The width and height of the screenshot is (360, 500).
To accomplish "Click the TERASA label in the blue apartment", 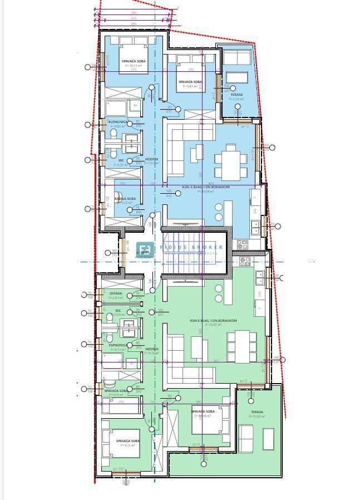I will pos(236,95).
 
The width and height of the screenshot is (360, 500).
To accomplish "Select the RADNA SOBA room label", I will pos(125,199).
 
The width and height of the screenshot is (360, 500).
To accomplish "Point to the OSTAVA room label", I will pos(116,293).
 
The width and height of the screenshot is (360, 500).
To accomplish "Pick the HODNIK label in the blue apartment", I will pos(152,159).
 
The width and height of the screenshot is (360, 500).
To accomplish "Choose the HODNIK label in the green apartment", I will pos(152,349).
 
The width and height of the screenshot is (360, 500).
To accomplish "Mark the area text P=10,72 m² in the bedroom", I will pos(134,65).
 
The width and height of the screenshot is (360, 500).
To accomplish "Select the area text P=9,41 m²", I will pos(190,86).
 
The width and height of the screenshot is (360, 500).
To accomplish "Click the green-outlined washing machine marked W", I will pos(134,106).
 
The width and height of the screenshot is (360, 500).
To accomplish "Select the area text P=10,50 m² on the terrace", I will pos(257,416).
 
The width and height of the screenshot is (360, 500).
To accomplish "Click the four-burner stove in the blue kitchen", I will pos(243,244).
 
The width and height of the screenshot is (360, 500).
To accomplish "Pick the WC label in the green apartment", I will pos(118,311).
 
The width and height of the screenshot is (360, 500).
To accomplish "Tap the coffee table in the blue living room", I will pos(198,151).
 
